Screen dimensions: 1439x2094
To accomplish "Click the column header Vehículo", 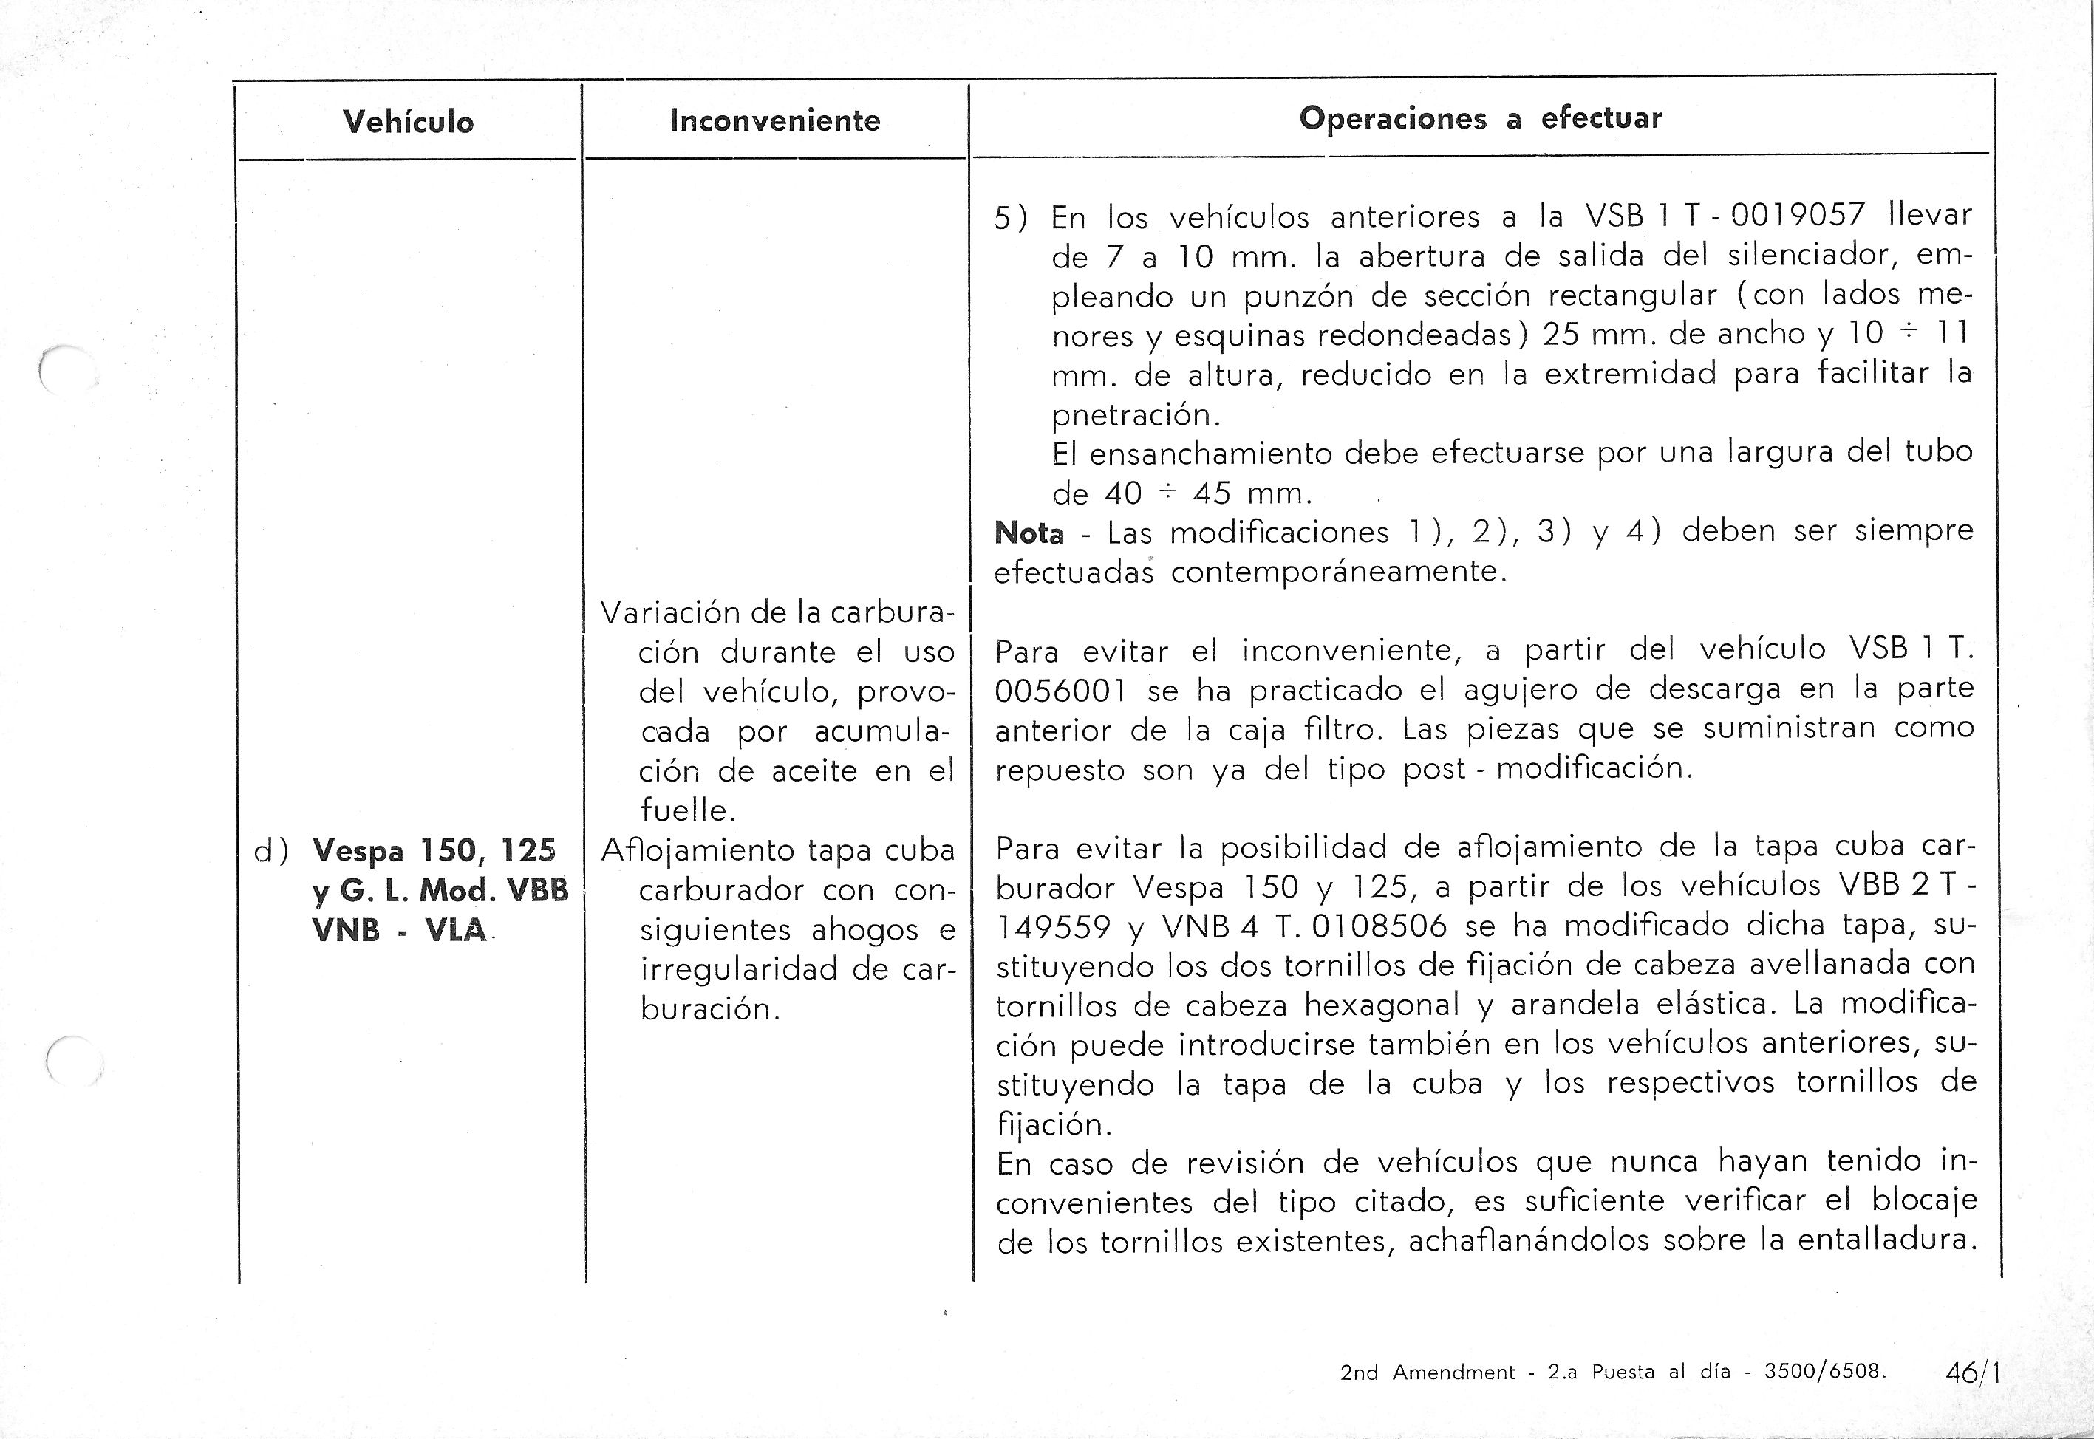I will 408,122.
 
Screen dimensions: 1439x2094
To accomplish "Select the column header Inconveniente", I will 774,120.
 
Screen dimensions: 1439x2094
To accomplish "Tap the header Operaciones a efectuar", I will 1480,118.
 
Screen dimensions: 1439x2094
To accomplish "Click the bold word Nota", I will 1029,533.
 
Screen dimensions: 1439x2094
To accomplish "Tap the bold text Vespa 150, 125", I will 434,850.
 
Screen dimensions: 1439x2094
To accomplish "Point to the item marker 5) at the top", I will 1010,218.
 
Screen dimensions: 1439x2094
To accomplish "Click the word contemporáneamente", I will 1338,572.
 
